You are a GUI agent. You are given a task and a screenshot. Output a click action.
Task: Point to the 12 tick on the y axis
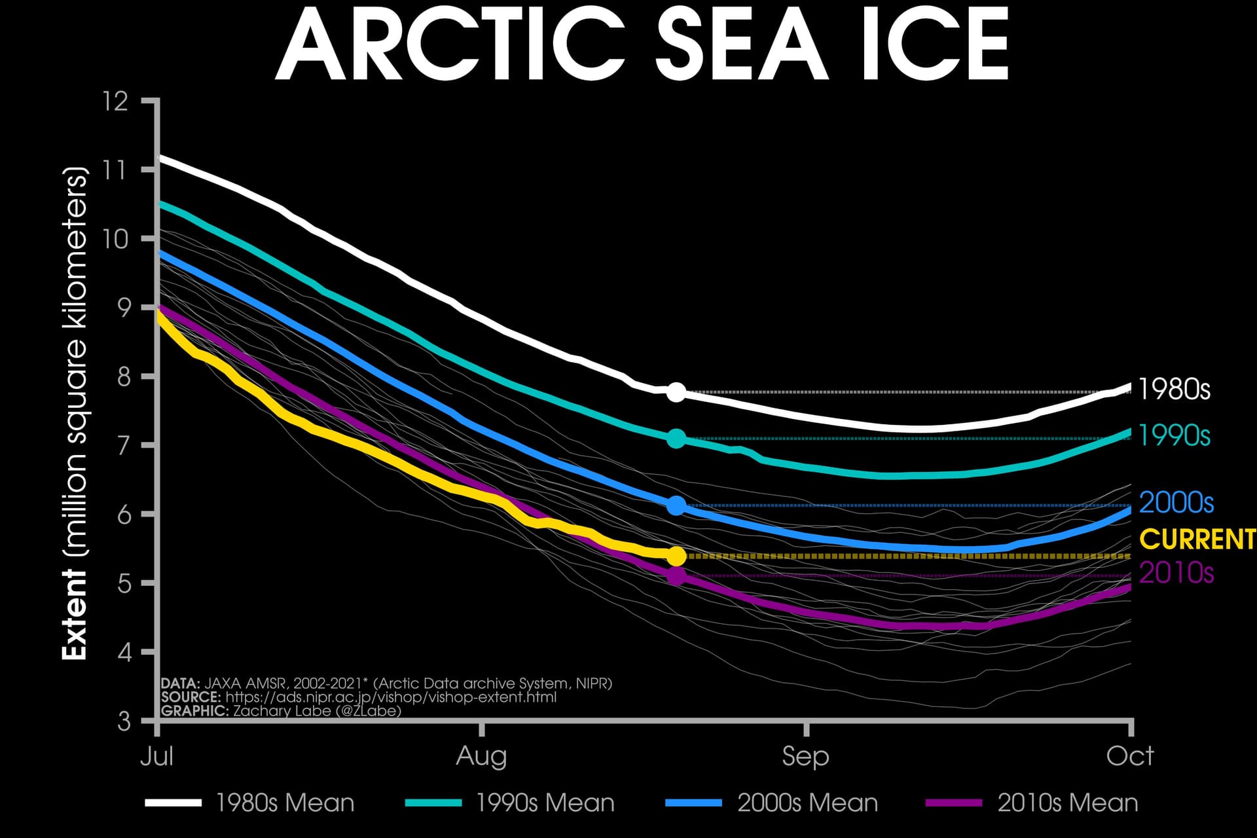(115, 101)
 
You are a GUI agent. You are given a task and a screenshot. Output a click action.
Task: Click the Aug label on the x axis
(481, 757)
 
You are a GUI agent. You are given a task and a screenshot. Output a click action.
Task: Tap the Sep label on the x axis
(805, 757)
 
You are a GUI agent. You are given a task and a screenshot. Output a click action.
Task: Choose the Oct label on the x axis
(1129, 757)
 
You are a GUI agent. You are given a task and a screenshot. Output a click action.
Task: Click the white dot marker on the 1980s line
(676, 393)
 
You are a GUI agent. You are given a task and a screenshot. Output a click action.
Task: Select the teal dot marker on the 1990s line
(676, 439)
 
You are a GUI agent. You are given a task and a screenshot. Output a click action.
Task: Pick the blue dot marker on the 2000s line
(676, 505)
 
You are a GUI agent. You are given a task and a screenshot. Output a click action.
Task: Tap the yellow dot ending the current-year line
(676, 556)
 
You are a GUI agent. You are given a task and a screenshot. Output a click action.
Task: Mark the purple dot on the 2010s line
(676, 577)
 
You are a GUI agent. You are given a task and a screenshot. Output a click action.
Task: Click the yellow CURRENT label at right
(1197, 539)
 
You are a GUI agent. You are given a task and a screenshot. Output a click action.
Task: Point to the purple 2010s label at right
(1176, 573)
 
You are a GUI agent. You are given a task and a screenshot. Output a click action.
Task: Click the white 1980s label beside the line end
(1175, 390)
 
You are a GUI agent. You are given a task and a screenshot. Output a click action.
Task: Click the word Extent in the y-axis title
(75, 615)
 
